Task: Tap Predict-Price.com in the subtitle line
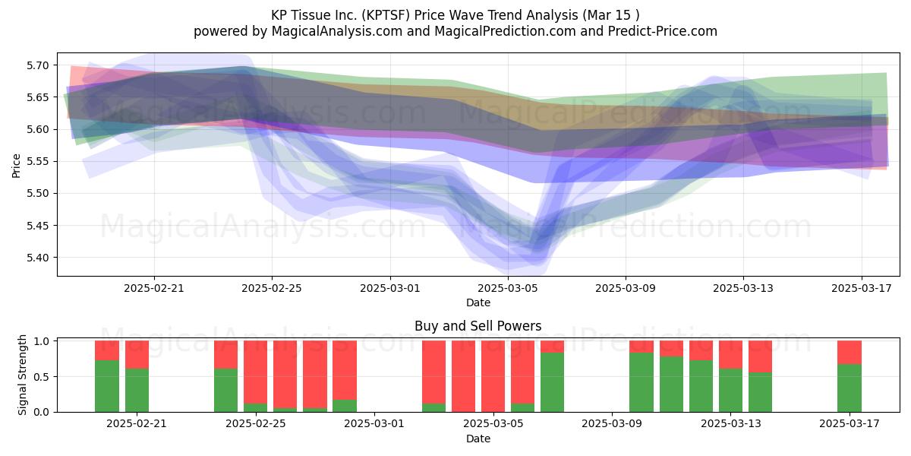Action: point(663,31)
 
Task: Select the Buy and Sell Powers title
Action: point(478,326)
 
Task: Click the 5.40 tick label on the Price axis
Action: point(37,258)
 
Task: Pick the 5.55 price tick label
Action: point(37,162)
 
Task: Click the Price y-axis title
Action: point(16,166)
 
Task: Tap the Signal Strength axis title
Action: point(22,375)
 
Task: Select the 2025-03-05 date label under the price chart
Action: point(508,288)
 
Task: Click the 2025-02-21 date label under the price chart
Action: point(153,288)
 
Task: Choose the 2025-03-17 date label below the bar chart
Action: point(850,424)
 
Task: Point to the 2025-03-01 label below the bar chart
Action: point(374,424)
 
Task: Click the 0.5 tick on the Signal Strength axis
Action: point(41,377)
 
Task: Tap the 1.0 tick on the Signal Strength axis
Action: point(41,341)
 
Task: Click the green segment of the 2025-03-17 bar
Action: point(850,388)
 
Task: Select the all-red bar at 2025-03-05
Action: point(493,376)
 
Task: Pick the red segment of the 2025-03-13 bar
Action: point(730,355)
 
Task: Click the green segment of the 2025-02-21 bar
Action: point(137,391)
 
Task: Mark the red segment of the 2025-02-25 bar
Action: point(255,372)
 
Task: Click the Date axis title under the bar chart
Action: point(478,439)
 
